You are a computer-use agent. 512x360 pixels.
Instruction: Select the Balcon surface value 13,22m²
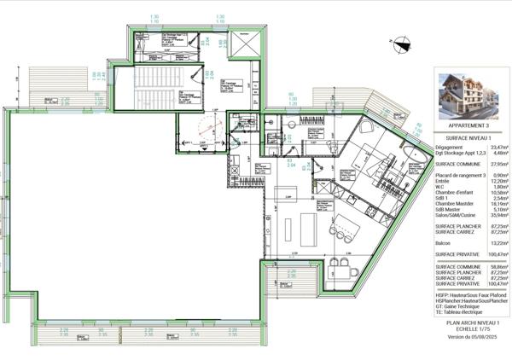[x=497, y=242]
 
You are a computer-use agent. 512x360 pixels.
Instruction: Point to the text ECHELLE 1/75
[x=460, y=328]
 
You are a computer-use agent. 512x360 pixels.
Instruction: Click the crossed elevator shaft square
[x=242, y=43]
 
